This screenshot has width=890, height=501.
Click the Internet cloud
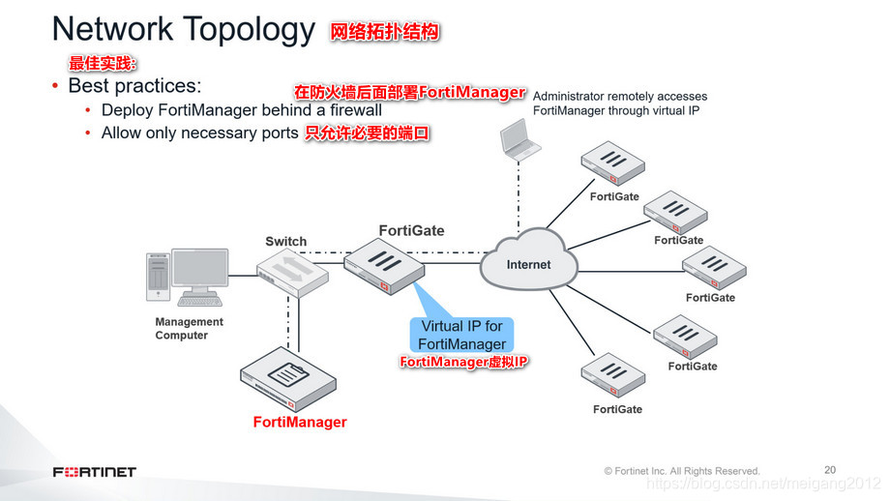(528, 263)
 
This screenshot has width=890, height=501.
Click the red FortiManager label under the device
(300, 423)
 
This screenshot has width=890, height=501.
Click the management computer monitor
(199, 272)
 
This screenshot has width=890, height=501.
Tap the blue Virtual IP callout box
(462, 335)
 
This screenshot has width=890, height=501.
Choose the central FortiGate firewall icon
(383, 265)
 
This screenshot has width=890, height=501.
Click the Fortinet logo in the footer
(94, 472)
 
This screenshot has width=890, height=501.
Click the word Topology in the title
(247, 29)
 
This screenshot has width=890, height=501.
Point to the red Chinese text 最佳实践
(103, 64)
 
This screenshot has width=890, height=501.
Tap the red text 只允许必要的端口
(367, 133)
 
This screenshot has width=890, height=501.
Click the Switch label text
(286, 241)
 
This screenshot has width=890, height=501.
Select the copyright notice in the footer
(682, 471)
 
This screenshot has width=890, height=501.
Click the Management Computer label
(189, 329)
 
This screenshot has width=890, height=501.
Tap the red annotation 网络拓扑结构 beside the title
(385, 32)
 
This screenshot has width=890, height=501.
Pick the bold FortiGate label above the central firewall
(412, 230)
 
